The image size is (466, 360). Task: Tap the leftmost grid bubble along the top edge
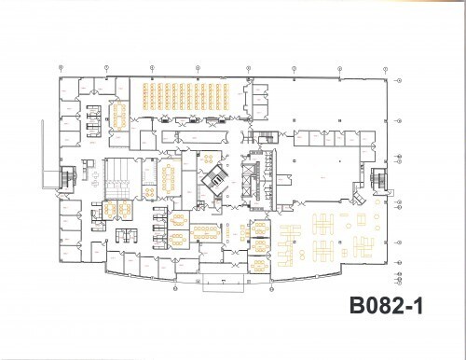(61, 67)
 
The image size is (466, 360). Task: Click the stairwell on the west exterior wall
(67, 179)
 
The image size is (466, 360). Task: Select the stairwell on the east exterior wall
(377, 180)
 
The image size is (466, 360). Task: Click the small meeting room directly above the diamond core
(212, 156)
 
